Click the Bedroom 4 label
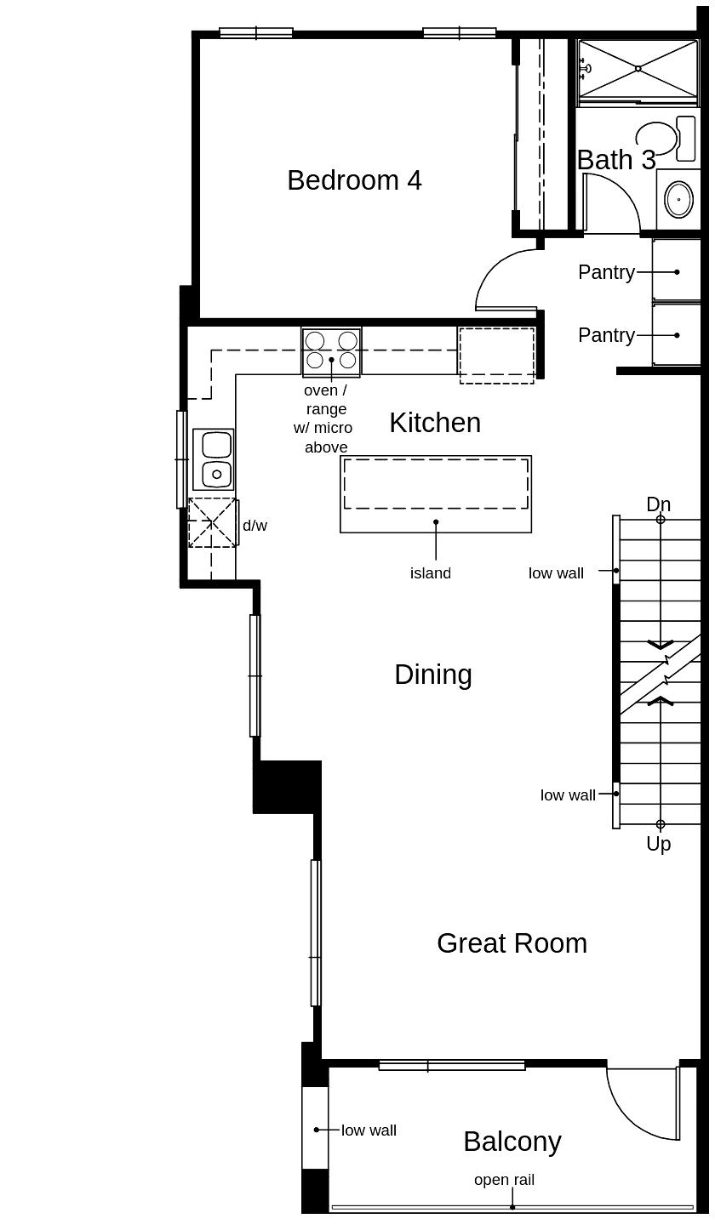[354, 180]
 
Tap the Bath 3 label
[615, 160]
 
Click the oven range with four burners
[331, 350]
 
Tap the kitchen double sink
[214, 459]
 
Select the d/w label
[255, 526]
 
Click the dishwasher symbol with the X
[212, 522]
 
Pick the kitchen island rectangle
[436, 494]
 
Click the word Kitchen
[435, 423]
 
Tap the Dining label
[432, 675]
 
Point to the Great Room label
[512, 943]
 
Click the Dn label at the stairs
[658, 504]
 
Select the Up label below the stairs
[658, 844]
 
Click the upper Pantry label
[606, 272]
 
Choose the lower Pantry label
[606, 335]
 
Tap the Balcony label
[512, 1142]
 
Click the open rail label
[504, 1180]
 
